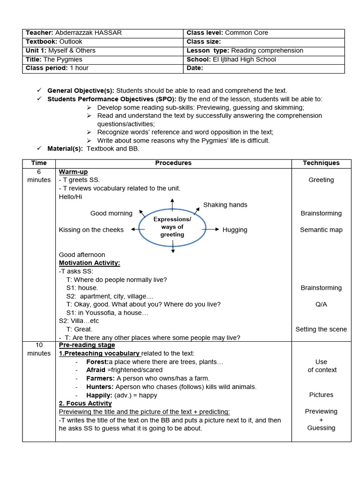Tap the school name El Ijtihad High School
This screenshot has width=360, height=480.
pos(244,60)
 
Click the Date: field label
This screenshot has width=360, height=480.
pos(195,68)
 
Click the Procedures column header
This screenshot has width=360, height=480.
pos(173,163)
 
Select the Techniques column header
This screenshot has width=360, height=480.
pos(321,163)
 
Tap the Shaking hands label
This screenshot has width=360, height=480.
pos(225,205)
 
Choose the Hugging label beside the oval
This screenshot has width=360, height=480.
pos(235,230)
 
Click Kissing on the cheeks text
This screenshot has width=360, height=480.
pos(91,230)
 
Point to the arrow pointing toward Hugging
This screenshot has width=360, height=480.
pos(214,229)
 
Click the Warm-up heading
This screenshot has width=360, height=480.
pos(74,172)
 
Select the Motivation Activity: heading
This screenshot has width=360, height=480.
pos(90,263)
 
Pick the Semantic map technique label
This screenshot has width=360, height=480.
pos(321,230)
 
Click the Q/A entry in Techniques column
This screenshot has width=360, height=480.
pos(321,304)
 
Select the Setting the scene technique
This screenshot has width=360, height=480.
pos(321,329)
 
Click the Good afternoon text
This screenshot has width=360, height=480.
pos(82,255)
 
